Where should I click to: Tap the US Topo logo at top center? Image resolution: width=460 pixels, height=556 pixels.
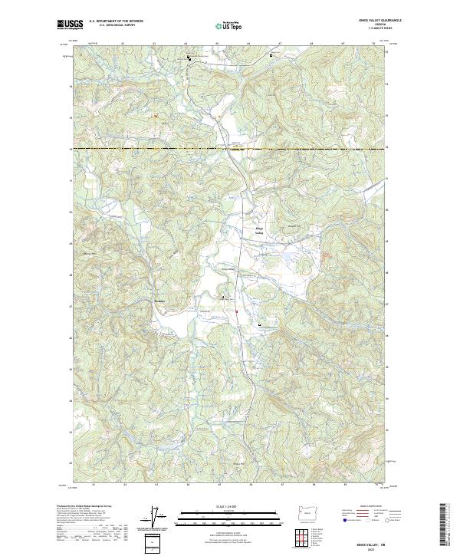pos(231,25)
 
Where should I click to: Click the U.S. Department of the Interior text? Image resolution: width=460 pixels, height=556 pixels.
pos(116,21)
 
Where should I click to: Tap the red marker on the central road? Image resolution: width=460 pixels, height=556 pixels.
pos(237,311)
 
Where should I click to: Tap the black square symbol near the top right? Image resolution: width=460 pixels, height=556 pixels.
pos(270,56)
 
